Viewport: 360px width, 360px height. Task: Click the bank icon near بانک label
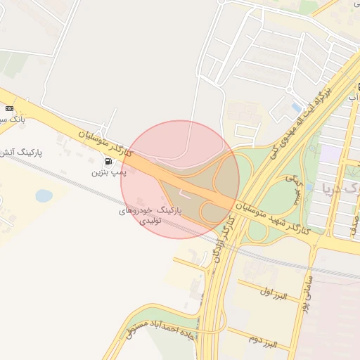pos(9,109)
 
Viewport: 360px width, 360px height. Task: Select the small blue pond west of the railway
pos(44,195)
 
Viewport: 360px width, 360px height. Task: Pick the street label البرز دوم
pos(263,342)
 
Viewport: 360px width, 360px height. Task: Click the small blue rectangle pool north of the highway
pos(296,108)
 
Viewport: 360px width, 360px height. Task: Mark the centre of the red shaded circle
pos(180,179)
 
